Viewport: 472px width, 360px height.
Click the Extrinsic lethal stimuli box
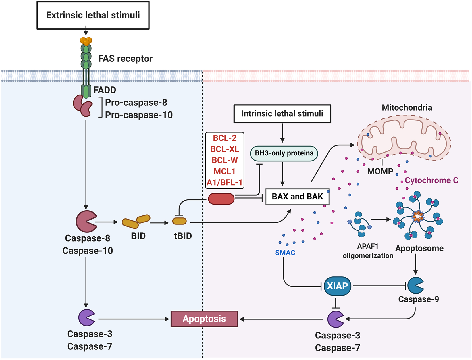pyautogui.click(x=93, y=15)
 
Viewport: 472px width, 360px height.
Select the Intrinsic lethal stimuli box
pyautogui.click(x=282, y=114)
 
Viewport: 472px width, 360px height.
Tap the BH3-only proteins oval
pyautogui.click(x=284, y=153)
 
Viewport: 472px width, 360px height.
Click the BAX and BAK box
pyautogui.click(x=297, y=197)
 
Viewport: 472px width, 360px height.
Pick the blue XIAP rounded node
pyautogui.click(x=337, y=286)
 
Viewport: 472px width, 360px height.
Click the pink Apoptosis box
pyautogui.click(x=204, y=319)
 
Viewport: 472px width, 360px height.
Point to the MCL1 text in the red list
pyautogui.click(x=225, y=172)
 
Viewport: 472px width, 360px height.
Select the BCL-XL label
pyautogui.click(x=225, y=149)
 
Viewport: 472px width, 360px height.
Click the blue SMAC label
pyautogui.click(x=285, y=253)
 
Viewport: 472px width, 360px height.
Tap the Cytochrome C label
pyautogui.click(x=431, y=180)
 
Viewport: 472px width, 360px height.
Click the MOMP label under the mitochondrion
pyautogui.click(x=380, y=172)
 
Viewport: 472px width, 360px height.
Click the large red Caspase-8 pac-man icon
pyautogui.click(x=86, y=222)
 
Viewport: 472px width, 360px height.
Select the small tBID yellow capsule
pyautogui.click(x=180, y=221)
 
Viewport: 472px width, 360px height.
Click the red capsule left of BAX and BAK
pyautogui.click(x=221, y=199)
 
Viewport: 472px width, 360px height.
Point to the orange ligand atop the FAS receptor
pyautogui.click(x=86, y=41)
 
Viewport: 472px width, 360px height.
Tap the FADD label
pyautogui.click(x=105, y=90)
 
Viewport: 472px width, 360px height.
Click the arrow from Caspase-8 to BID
pyautogui.click(x=107, y=222)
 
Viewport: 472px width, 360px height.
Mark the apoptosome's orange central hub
pyautogui.click(x=418, y=216)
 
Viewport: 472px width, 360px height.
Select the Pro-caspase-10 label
pyautogui.click(x=139, y=115)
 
